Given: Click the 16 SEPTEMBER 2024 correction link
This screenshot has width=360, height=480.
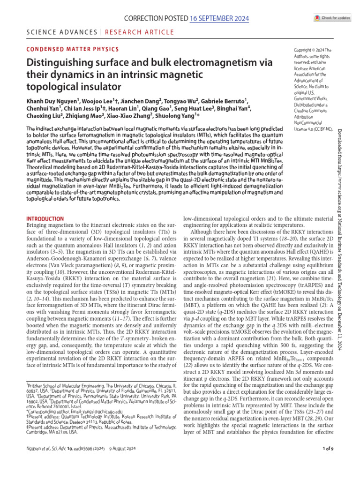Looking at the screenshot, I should point(218,18).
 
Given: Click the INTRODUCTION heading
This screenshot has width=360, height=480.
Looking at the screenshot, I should point(45,218).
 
